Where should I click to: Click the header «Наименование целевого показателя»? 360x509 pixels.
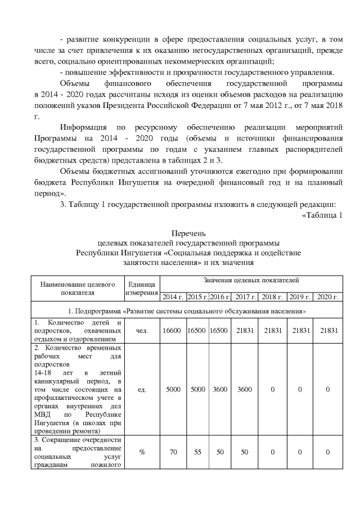tap(78, 287)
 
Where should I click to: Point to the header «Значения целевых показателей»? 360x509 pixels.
tap(250, 280)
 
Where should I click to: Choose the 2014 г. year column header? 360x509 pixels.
tap(172, 296)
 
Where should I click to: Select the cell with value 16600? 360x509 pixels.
tap(172, 331)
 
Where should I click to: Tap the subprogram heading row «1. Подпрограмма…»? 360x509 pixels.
tap(186, 310)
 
